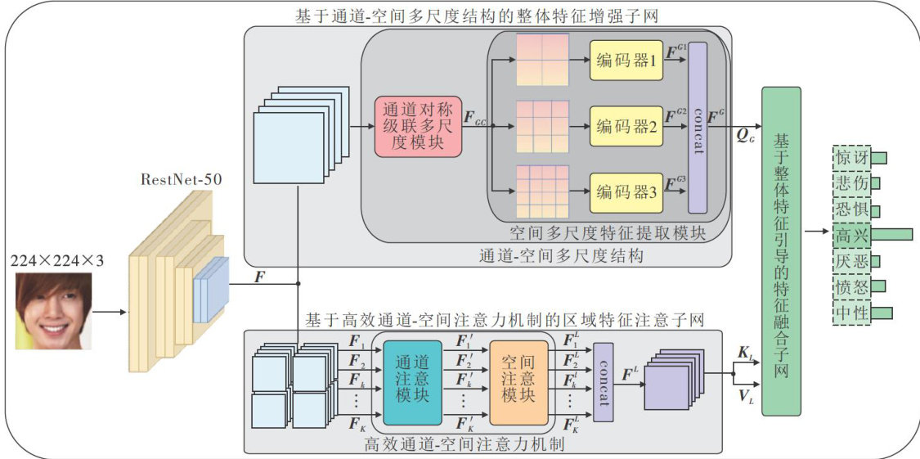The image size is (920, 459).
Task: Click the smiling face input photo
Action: click(x=52, y=311)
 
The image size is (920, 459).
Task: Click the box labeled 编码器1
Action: click(x=624, y=61)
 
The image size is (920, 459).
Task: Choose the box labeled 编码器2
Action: click(x=624, y=127)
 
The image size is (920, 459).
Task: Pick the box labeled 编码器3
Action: click(x=624, y=192)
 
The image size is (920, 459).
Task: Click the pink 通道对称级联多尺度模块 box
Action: click(x=420, y=127)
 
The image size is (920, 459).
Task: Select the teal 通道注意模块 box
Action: click(x=412, y=383)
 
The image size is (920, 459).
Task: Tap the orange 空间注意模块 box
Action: click(x=518, y=383)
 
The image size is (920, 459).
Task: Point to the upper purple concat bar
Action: click(x=698, y=127)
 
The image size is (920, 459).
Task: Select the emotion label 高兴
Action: click(x=850, y=235)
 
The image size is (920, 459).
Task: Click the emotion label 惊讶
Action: click(x=850, y=157)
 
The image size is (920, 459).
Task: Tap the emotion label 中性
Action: click(x=850, y=313)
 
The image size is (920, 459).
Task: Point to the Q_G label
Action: click(x=746, y=136)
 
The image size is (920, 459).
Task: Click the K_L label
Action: click(x=747, y=353)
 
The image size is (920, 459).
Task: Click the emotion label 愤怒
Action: click(x=850, y=286)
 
